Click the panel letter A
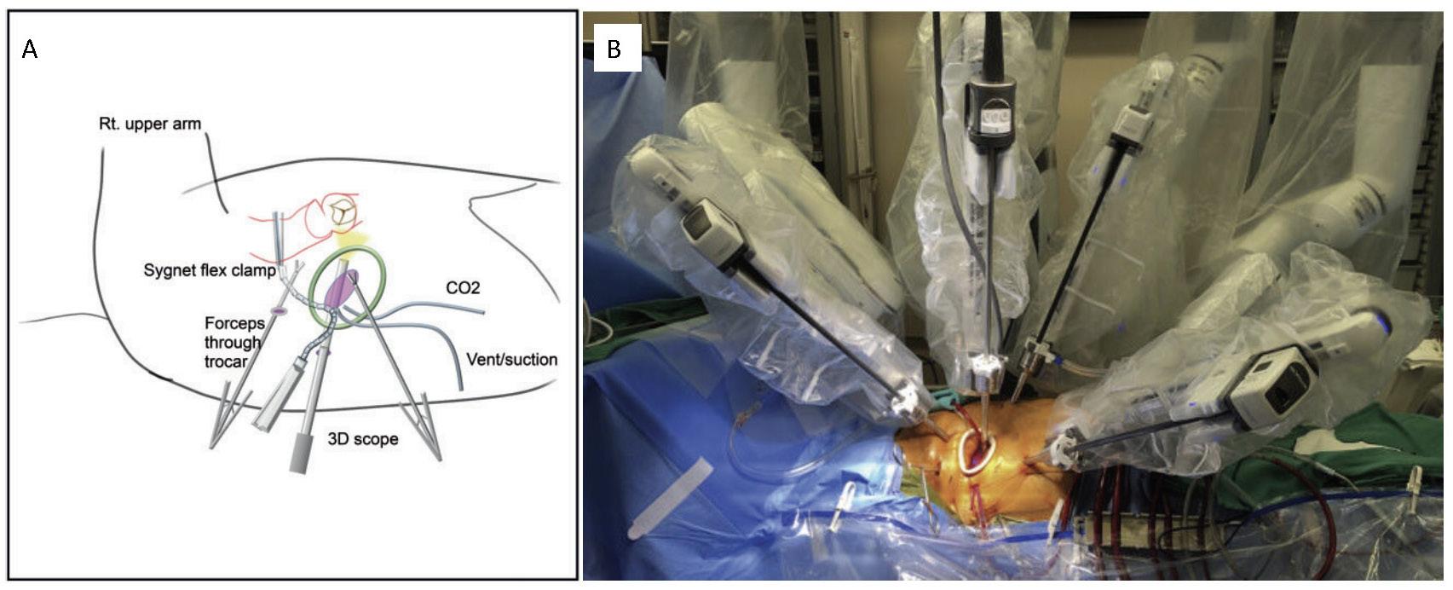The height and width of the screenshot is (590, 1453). click(30, 50)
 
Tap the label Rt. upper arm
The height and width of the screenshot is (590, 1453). click(149, 124)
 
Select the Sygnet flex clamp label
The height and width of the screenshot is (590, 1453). click(210, 271)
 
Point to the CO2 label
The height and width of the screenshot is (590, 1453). click(463, 288)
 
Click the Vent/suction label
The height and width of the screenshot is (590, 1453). click(511, 359)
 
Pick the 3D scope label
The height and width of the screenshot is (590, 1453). click(363, 440)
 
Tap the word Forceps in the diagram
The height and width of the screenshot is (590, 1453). click(234, 324)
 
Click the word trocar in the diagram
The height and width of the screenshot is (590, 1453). click(226, 362)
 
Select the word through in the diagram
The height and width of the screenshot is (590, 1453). click(233, 343)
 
